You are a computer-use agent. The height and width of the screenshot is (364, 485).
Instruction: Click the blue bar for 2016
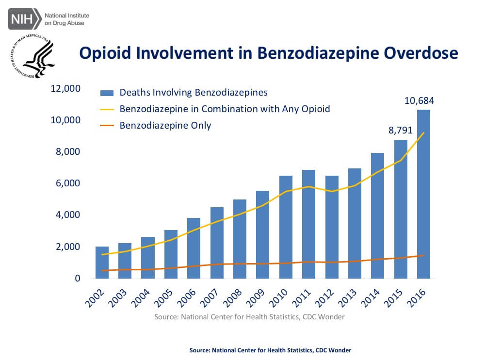423,194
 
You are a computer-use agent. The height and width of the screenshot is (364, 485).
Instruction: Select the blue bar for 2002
102,263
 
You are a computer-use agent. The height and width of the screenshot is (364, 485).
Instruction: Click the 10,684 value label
420,101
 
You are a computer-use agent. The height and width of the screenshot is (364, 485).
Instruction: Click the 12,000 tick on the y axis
65,89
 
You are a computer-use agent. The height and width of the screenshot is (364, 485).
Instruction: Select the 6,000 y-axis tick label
67,183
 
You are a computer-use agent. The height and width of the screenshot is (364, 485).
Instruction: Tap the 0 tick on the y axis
77,279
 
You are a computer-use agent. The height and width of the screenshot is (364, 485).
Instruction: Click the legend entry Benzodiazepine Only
165,125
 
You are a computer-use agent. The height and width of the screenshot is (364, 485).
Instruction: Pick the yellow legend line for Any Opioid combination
106,109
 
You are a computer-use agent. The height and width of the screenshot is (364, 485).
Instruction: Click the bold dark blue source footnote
270,350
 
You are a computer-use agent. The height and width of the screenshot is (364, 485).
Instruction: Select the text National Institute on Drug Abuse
67,19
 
